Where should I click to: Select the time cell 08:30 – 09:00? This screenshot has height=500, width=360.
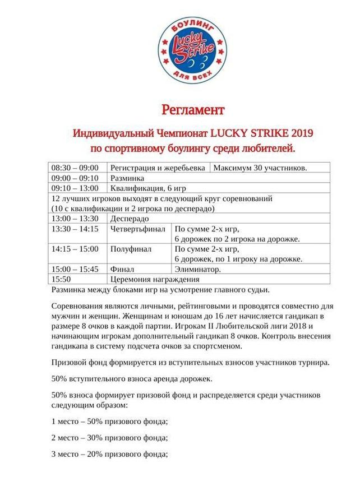[x=75, y=168]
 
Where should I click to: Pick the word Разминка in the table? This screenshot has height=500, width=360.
[x=127, y=178]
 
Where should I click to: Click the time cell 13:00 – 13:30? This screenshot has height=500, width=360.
[x=75, y=218]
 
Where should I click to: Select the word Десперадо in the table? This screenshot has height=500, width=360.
[x=130, y=218]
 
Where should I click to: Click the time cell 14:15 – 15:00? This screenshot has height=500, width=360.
[x=75, y=249]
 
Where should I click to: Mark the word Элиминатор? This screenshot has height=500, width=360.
[x=197, y=269]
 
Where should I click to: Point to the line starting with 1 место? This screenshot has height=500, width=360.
[x=110, y=421]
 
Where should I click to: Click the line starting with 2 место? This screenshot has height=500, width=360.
[x=110, y=438]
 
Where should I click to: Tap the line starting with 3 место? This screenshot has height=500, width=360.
[x=110, y=455]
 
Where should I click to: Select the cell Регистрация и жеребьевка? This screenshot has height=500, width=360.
[x=158, y=168]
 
